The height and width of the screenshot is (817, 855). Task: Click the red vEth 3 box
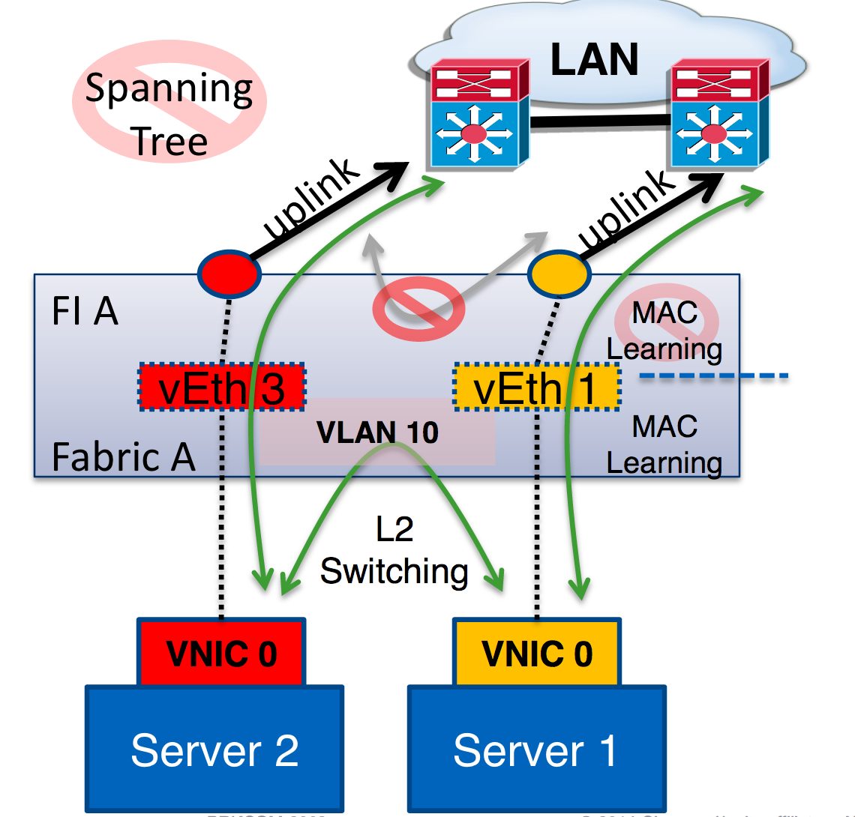(x=222, y=387)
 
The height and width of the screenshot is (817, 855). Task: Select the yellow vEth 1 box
(x=537, y=388)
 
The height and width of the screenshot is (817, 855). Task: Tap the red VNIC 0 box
(x=222, y=653)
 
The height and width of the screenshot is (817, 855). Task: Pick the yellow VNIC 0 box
(x=537, y=653)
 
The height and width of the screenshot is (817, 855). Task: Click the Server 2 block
(x=214, y=750)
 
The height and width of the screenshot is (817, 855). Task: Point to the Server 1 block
(x=535, y=750)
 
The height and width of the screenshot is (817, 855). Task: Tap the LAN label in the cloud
(x=595, y=60)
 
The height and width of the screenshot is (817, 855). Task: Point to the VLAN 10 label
(x=377, y=432)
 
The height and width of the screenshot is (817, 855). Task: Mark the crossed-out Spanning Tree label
(x=169, y=112)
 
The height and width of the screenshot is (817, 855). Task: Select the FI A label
(x=85, y=313)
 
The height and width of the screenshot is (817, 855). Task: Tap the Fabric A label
(x=123, y=456)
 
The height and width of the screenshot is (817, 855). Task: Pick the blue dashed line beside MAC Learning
(x=713, y=376)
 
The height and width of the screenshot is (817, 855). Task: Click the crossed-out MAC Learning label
(x=665, y=330)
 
